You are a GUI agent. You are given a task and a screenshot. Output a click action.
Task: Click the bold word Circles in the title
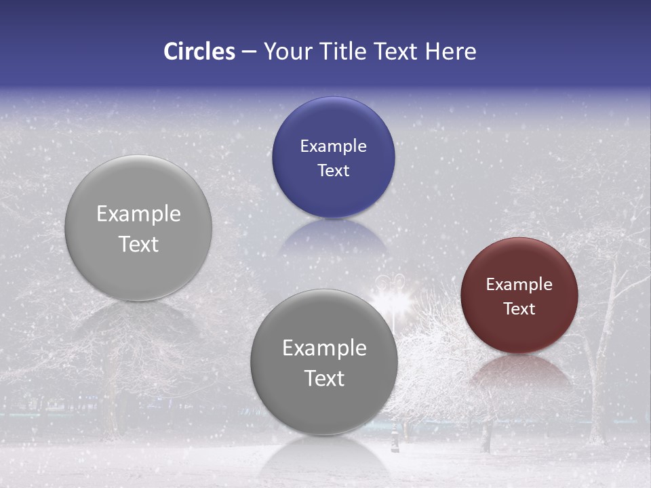pyautogui.click(x=199, y=52)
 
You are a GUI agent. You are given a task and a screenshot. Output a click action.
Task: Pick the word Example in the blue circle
pyautogui.click(x=333, y=146)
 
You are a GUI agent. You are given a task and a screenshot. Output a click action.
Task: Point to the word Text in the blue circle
pyautogui.click(x=333, y=171)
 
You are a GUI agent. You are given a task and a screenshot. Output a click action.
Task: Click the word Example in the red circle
pyautogui.click(x=519, y=285)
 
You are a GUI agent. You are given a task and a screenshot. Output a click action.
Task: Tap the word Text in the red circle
pyautogui.click(x=519, y=309)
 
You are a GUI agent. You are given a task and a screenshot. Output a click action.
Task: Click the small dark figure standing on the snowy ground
pyautogui.click(x=395, y=441)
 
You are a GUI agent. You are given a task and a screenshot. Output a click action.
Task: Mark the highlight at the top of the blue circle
pyautogui.click(x=333, y=108)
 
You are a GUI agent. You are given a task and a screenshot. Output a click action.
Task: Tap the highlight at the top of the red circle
pyautogui.click(x=519, y=247)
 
